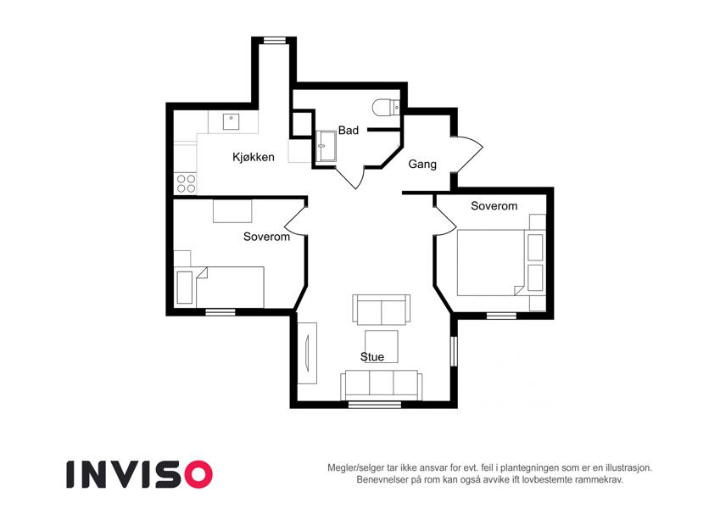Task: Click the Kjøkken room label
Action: coord(253,158)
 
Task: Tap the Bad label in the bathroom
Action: coord(348,131)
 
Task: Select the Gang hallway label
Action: coord(422,165)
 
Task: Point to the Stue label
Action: coord(372,357)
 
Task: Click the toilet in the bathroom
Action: coord(386,108)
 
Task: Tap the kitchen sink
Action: coord(231,122)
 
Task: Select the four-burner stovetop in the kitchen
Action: coord(186,184)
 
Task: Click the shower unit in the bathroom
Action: coord(326,146)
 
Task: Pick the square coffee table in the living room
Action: coord(381,346)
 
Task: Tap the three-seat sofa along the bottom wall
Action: coord(381,385)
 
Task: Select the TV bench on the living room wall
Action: coord(307,353)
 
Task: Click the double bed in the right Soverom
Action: coord(490,263)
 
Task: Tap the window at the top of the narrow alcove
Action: coord(274,40)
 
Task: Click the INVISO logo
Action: coord(140,474)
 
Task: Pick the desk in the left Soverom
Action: coord(232,211)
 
